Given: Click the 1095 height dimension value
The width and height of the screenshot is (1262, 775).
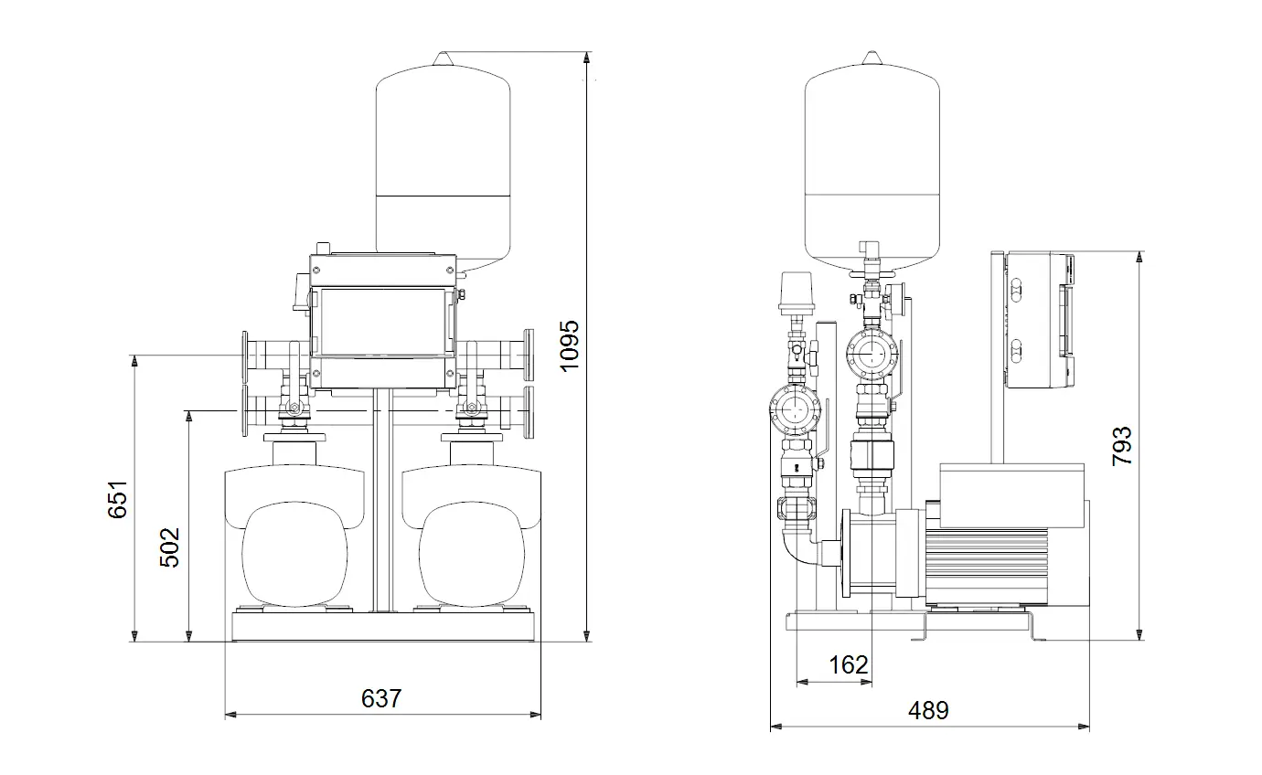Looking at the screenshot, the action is (569, 345).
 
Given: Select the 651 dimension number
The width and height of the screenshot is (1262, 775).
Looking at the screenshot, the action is (118, 499).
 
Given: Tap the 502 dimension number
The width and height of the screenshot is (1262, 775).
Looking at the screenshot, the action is (169, 547).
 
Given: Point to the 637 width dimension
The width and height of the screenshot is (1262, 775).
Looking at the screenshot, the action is (381, 698).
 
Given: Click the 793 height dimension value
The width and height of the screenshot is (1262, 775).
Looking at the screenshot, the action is (1122, 446).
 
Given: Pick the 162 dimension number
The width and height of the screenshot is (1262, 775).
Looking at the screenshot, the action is (849, 664).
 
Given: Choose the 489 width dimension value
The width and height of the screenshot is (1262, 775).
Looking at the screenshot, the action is (928, 710).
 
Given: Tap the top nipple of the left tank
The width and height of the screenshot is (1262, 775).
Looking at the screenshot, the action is (443, 58).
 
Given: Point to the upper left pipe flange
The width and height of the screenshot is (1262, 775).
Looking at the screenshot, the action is (245, 356).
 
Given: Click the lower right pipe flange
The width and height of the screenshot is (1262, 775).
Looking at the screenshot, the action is (529, 411).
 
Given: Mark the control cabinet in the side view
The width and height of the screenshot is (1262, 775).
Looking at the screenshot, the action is (1039, 320).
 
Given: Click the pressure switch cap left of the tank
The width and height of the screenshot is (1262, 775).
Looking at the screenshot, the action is (797, 292).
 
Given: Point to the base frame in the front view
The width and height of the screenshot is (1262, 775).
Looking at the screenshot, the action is (383, 626).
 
